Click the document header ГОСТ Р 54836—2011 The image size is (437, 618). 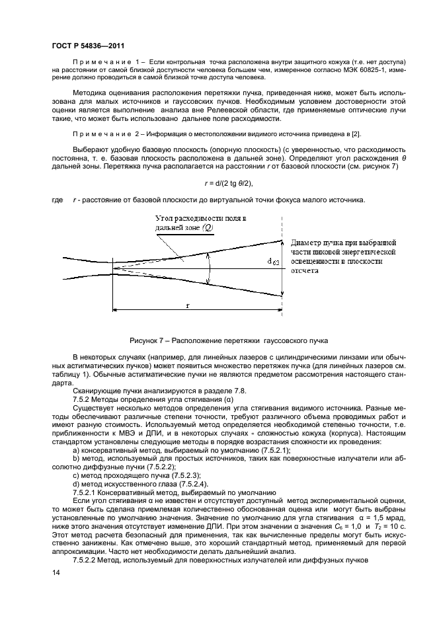tap(88, 46)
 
